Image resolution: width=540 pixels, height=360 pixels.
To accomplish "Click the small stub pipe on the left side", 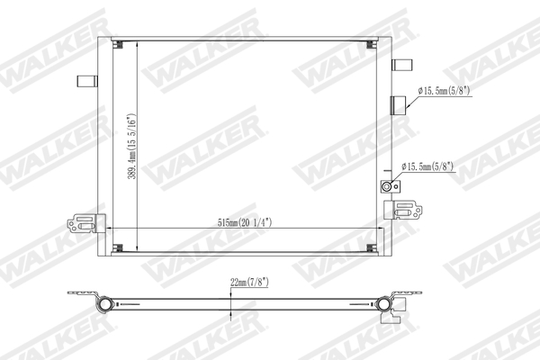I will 86,80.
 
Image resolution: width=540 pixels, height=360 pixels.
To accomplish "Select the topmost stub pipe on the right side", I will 401,63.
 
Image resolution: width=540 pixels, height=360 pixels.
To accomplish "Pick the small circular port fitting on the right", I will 389,186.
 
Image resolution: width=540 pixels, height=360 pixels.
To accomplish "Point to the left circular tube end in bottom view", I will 105,303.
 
